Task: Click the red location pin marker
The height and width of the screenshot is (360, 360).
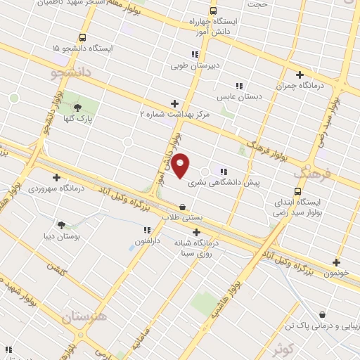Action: [181, 165]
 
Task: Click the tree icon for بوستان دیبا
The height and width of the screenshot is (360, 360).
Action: [61, 225]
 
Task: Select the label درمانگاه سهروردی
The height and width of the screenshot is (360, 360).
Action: [56, 188]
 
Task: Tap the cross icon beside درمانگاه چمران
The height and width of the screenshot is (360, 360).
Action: [300, 75]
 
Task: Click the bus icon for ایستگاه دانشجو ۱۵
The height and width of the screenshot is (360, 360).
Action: [83, 37]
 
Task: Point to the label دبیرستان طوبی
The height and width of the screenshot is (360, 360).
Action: [195, 66]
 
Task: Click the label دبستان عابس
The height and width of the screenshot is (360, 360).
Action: [239, 96]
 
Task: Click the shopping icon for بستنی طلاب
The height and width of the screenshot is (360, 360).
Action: [183, 207]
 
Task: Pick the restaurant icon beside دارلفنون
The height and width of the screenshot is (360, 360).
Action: [147, 230]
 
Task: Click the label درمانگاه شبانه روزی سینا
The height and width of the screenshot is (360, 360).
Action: [198, 247]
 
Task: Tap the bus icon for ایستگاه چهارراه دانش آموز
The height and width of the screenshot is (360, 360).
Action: [213, 11]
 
